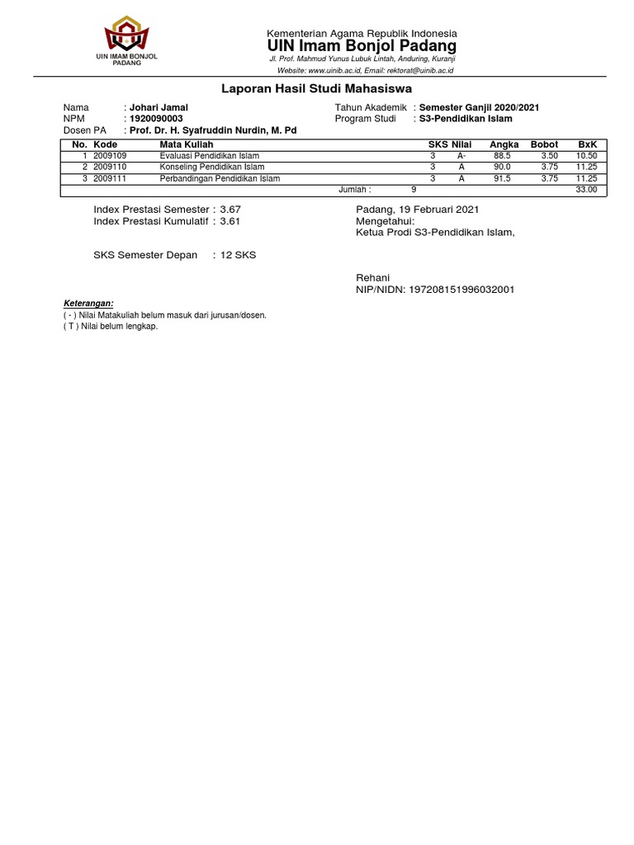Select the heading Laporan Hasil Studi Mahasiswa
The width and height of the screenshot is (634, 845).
[317, 88]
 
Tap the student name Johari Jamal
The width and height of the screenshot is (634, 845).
[158, 108]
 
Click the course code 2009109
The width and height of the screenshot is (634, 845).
[110, 156]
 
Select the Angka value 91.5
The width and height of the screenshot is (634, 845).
[502, 178]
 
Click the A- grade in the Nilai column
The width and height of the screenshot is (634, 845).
[461, 156]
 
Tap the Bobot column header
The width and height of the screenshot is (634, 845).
[544, 144]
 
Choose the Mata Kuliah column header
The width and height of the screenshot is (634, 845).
[187, 144]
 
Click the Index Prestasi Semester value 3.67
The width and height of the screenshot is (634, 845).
[230, 210]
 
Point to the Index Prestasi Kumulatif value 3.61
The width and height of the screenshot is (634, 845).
[230, 221]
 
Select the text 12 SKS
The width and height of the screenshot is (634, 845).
[238, 255]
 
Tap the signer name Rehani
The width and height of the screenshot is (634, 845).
[372, 278]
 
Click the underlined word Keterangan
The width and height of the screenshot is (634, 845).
[88, 304]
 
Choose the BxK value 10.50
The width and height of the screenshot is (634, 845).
[586, 156]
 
